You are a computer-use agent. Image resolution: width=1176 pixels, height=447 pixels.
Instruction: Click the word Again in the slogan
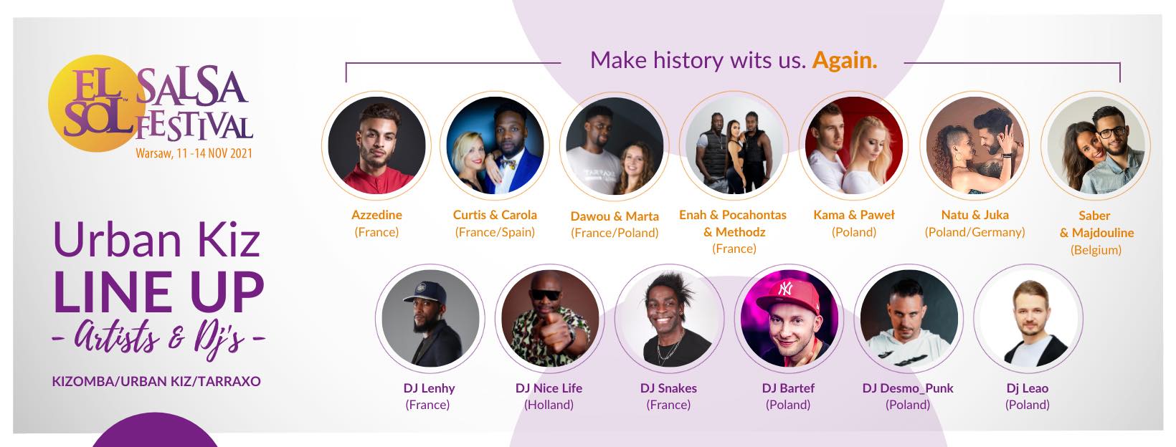(x=844, y=61)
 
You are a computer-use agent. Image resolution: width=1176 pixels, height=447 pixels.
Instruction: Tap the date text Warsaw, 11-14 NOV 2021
(x=194, y=153)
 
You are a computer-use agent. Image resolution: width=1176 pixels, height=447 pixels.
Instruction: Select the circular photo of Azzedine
(x=376, y=145)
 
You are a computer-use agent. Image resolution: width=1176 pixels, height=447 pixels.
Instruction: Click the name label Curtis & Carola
(x=495, y=215)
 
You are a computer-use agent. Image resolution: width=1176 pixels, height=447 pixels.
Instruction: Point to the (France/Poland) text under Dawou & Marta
(x=615, y=233)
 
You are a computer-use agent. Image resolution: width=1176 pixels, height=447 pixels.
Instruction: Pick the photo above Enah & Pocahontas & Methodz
(x=734, y=145)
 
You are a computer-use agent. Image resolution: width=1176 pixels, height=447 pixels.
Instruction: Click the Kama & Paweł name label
(x=853, y=215)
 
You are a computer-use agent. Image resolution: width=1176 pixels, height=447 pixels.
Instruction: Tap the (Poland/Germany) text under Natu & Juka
(x=975, y=232)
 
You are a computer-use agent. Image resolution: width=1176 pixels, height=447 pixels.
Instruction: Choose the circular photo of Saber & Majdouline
(x=1096, y=145)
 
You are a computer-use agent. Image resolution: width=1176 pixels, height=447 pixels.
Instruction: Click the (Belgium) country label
(x=1096, y=250)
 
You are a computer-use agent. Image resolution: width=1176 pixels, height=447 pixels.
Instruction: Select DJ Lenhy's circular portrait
(x=430, y=318)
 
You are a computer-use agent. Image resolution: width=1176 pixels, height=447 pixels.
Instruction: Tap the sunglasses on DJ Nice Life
(x=546, y=294)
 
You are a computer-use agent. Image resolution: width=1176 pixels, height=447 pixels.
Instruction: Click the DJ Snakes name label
(x=668, y=388)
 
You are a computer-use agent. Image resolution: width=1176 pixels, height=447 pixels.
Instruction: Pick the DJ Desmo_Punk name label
(x=908, y=388)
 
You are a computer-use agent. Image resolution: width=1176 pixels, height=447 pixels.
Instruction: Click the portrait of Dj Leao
(x=1028, y=318)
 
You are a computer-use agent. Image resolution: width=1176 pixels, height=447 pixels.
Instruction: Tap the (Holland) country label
(x=549, y=405)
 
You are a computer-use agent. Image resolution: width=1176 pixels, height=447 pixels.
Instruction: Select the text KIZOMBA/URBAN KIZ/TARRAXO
(x=156, y=381)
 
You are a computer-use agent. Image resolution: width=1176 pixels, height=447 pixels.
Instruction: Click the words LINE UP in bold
(x=158, y=292)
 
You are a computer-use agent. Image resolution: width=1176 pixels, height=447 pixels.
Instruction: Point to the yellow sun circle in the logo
(x=97, y=103)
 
